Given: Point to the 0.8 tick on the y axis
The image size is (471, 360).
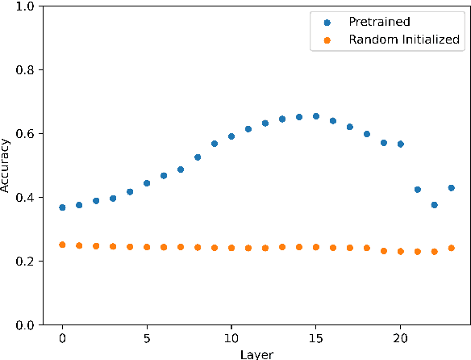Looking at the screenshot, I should [x=27, y=69].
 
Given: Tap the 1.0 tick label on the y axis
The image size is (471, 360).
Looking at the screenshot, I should [x=27, y=6].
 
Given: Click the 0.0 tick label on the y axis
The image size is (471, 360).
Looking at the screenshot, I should [x=27, y=325].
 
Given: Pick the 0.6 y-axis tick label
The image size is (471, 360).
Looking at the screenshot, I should [x=27, y=133].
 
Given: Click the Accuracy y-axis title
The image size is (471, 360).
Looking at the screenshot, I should [x=7, y=165].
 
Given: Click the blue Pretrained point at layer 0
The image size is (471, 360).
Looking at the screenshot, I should [x=62, y=207].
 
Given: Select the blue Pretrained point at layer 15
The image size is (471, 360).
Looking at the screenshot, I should [x=316, y=116].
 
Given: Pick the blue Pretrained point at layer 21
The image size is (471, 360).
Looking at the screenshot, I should [x=418, y=190].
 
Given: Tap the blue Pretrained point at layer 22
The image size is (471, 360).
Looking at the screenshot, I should [x=435, y=205].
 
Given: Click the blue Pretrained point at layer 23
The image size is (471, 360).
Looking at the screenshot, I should [x=452, y=188].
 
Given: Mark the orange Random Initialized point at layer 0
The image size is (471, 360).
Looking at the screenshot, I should [x=62, y=245].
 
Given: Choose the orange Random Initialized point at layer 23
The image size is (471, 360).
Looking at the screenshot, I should [x=452, y=248].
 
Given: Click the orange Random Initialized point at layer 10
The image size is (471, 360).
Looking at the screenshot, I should [x=231, y=248].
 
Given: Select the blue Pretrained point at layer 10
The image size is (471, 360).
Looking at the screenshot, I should [x=231, y=136].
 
